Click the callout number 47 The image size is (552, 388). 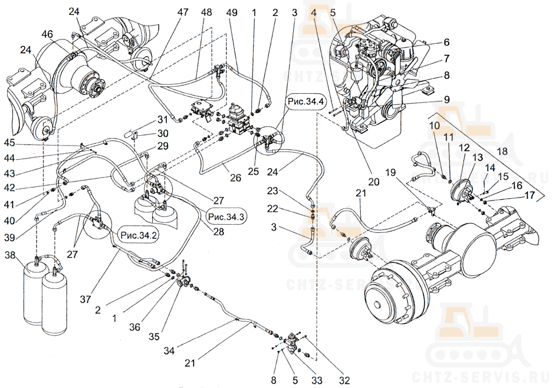183,12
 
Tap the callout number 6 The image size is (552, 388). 447,42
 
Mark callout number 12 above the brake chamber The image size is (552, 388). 464,147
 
